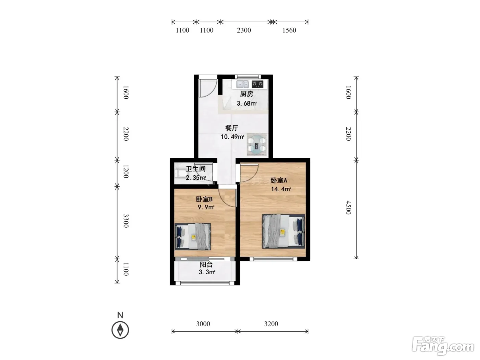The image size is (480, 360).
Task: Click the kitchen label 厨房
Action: point(247,94)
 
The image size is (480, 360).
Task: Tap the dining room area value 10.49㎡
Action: point(232,137)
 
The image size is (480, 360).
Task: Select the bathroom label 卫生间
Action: point(195,169)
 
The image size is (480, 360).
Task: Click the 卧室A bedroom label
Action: point(279,180)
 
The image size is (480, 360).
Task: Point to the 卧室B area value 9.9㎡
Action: point(206,207)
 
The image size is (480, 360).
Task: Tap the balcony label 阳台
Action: point(206,265)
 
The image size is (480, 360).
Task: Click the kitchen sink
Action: point(242,84)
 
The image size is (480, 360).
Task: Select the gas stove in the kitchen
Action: point(257,84)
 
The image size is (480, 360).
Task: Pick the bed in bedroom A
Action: point(284,231)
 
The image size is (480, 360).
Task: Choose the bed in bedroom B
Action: point(193,237)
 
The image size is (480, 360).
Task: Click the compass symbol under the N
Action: point(120,330)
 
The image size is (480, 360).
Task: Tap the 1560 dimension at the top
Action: point(289,30)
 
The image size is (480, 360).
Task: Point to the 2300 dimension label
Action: point(244,30)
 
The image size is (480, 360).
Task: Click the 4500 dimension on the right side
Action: point(348,208)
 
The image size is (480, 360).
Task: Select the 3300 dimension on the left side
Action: point(126,221)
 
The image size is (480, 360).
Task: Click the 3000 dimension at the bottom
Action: point(203,324)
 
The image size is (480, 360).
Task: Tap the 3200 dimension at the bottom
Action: point(271,324)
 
